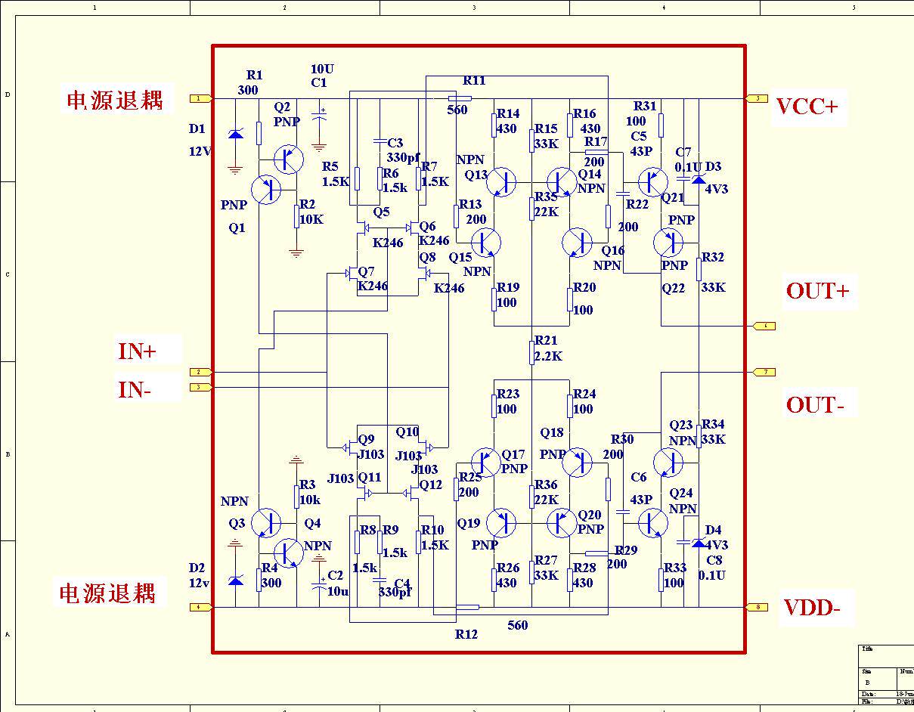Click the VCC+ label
point(807,106)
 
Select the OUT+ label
point(817,291)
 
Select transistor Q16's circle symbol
point(578,243)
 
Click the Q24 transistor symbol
point(652,522)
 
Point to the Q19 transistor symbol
point(501,522)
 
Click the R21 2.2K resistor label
point(547,348)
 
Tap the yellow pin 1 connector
point(200,98)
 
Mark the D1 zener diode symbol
point(236,135)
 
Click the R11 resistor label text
point(475,80)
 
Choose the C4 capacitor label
point(402,584)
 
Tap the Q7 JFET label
point(366,271)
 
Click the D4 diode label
point(713,530)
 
